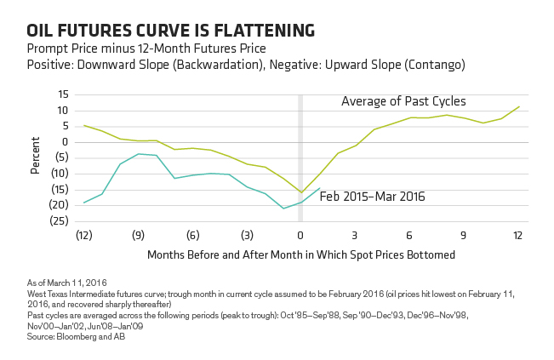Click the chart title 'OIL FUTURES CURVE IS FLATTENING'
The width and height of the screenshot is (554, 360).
[x=171, y=31]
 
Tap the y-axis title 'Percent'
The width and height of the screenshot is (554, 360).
[x=35, y=156]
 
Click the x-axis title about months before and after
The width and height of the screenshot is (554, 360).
[x=301, y=254]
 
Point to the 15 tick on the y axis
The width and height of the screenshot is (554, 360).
[x=63, y=94]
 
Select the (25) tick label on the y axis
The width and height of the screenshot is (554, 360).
[x=60, y=220]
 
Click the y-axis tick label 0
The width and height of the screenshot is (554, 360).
[x=65, y=142]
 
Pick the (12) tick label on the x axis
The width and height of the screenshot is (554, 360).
[x=84, y=235]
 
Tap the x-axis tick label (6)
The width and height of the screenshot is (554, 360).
[x=193, y=235]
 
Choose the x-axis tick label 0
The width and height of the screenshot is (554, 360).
[x=300, y=235]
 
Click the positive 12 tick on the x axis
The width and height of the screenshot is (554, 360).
[x=518, y=235]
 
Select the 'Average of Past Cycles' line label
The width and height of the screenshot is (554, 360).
[x=403, y=101]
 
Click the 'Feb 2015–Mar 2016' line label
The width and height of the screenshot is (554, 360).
[x=373, y=197]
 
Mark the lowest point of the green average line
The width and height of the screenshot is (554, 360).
[x=301, y=192]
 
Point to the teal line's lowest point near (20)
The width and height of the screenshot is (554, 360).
[x=283, y=209]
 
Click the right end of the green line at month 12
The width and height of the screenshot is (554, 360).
[x=519, y=106]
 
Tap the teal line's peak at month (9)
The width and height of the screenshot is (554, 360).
[x=139, y=154]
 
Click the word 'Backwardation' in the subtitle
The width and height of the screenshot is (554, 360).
[x=219, y=65]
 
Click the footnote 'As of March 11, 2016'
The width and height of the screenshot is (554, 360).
[x=66, y=283]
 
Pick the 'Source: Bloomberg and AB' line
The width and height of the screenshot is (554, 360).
[x=76, y=337]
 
